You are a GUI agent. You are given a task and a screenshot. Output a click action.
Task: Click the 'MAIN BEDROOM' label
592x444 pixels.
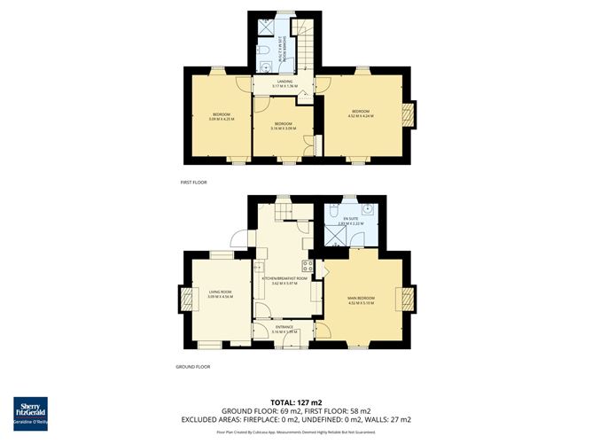tap(361, 299)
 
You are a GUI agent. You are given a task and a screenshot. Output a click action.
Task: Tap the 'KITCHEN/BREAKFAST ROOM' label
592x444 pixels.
tap(284, 278)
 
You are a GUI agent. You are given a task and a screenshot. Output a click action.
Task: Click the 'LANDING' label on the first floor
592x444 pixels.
tap(284, 82)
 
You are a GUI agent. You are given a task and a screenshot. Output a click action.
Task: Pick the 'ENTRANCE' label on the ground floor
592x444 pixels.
tap(284, 327)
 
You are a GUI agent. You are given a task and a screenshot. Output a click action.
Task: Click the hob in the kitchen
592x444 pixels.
tap(308, 265)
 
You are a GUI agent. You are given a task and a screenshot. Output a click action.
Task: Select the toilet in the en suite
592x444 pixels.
tap(332, 210)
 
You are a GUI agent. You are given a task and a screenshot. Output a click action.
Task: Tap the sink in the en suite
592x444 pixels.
tap(366, 210)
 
